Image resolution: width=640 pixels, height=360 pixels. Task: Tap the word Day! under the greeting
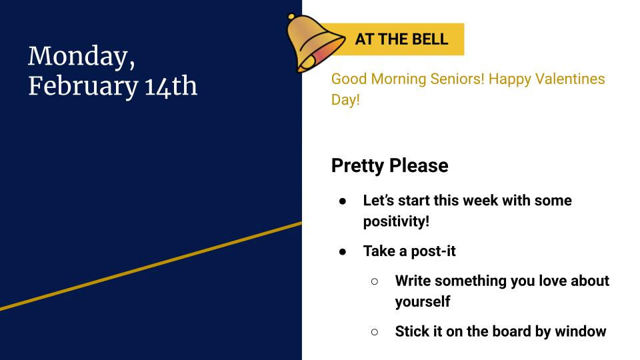345,102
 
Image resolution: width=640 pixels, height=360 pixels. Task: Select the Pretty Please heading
389,165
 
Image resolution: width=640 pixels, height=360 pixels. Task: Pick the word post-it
435,251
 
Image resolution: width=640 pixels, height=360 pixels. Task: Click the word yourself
422,302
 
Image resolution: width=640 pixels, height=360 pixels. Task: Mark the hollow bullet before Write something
375,281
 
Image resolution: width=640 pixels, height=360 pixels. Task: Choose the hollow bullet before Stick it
375,332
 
